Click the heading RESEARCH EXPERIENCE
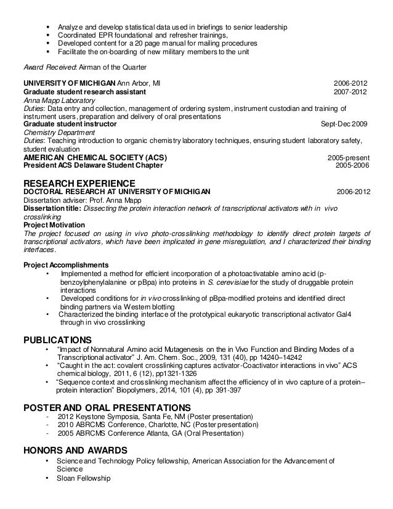point(79,183)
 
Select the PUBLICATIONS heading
point(57,340)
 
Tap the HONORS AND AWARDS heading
point(75,450)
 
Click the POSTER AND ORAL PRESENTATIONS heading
point(107,407)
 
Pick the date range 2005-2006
point(352,165)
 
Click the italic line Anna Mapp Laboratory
point(59,100)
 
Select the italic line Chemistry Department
point(57,132)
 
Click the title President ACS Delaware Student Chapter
point(92,165)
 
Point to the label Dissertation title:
point(52,208)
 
